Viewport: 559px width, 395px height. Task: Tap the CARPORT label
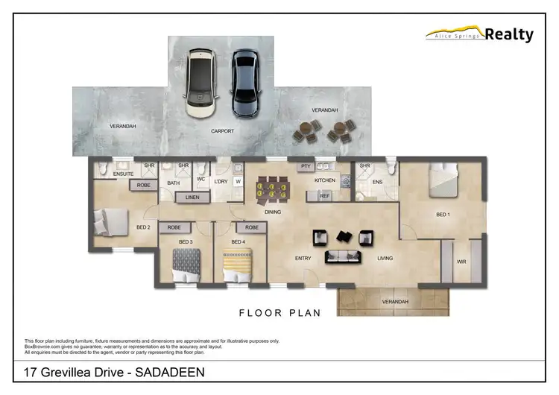point(222,131)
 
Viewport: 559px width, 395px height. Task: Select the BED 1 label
point(443,215)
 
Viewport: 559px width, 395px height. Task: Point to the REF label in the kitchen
point(325,195)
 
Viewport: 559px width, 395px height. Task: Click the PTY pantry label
point(305,166)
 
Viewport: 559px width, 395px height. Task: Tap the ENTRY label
point(303,259)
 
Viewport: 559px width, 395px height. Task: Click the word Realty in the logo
point(509,34)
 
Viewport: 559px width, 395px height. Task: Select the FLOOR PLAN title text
point(279,313)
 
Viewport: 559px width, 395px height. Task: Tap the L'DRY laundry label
point(221,182)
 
